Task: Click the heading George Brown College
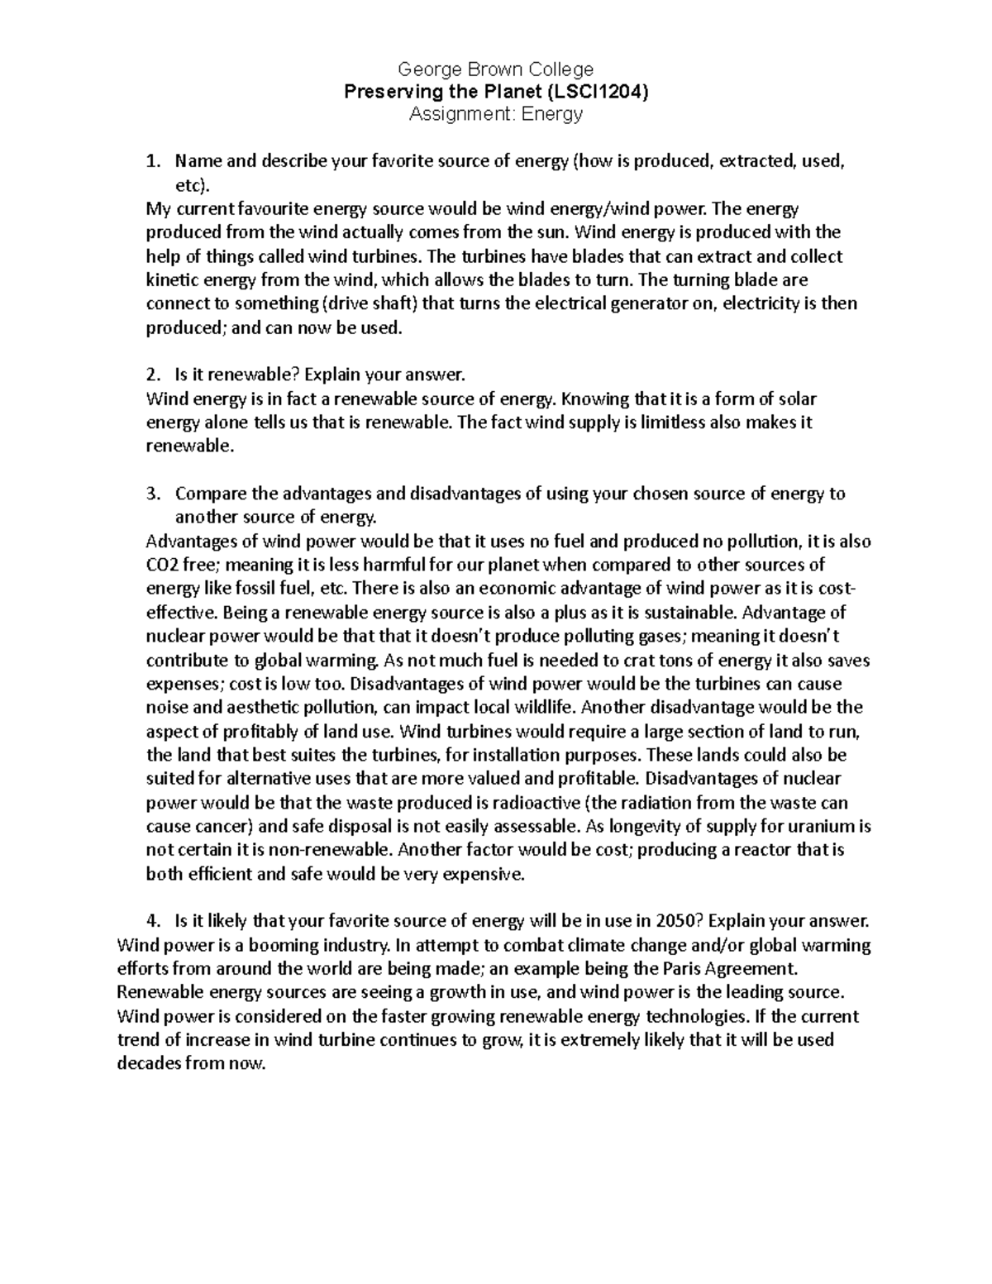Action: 495,69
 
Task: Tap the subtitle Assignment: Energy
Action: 495,114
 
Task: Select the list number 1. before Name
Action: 152,162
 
